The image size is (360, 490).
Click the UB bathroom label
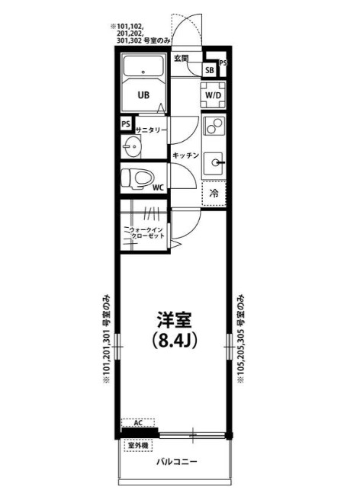tap(143, 96)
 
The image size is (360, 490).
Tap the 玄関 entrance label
tap(180, 58)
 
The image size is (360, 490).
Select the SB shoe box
tap(209, 70)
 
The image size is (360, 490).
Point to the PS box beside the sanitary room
tap(125, 124)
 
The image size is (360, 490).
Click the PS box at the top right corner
tap(223, 63)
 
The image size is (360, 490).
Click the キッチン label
tap(185, 155)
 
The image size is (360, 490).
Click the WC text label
tap(158, 187)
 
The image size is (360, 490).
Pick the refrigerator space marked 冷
tap(214, 194)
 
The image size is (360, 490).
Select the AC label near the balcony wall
tap(138, 421)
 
